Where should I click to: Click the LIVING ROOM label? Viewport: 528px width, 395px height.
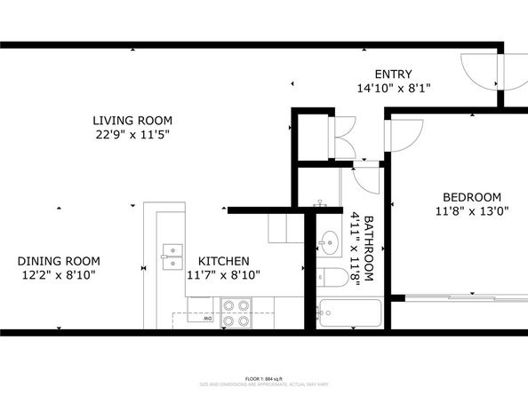point(132,120)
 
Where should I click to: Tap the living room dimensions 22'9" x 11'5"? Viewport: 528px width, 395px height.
point(132,134)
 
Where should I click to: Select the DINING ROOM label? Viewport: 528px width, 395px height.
point(59,261)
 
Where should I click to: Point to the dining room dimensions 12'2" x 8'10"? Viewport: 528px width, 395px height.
point(59,275)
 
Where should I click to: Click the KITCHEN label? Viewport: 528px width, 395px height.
point(223,261)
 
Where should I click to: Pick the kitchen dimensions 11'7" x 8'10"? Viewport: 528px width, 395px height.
point(223,275)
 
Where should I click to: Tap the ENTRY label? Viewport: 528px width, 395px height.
point(393,75)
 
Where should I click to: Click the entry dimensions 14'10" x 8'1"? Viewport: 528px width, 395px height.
point(393,89)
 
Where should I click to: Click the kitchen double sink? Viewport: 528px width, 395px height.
point(172,256)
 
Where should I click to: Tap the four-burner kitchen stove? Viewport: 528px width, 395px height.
point(236,312)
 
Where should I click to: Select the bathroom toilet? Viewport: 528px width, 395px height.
point(332,277)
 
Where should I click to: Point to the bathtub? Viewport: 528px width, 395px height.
point(348,312)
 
